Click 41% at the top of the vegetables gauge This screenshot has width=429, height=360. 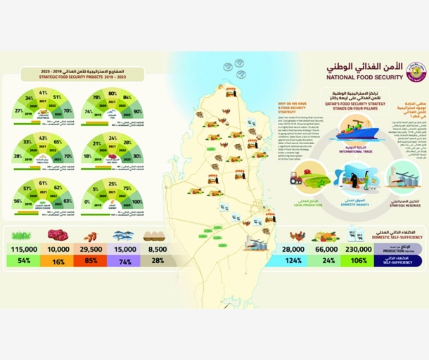[43, 92]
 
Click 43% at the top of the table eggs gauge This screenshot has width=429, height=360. [43, 137]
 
